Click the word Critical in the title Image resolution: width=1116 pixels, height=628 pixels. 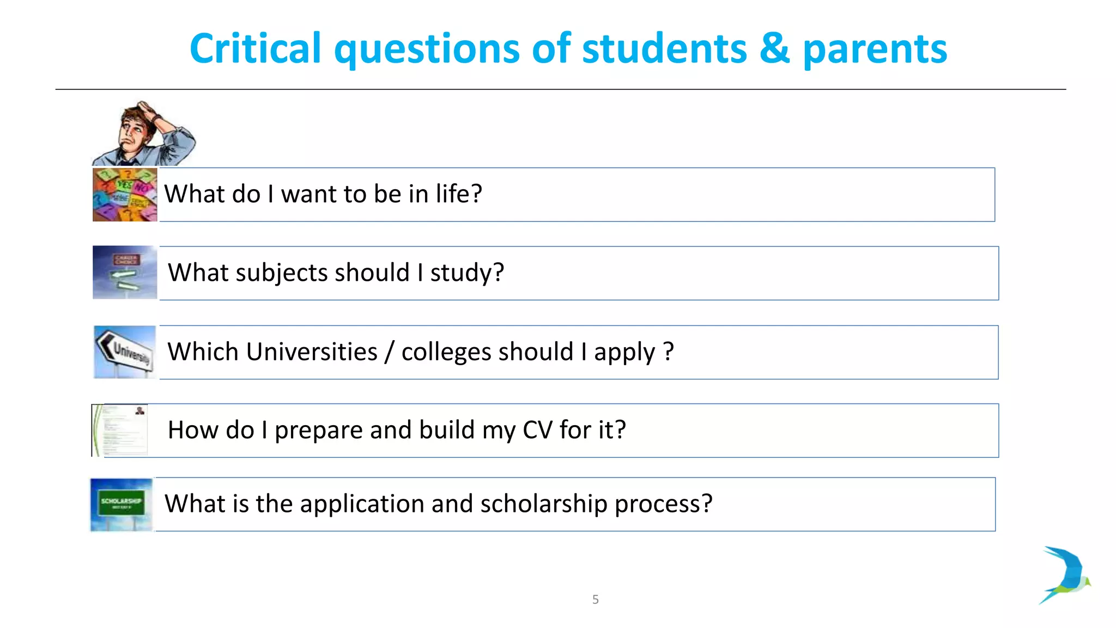[255, 49]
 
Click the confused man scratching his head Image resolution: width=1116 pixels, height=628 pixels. [143, 134]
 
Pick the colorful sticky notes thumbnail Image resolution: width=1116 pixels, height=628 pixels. [125, 195]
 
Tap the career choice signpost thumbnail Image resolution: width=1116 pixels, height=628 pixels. [125, 273]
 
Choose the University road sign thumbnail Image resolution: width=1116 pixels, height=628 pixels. [125, 352]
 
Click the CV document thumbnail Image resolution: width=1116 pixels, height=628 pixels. [120, 430]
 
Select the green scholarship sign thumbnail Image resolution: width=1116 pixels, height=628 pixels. [122, 504]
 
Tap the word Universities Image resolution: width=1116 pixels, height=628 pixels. [311, 352]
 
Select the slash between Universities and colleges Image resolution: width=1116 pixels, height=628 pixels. [389, 352]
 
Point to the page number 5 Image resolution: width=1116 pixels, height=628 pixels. [595, 600]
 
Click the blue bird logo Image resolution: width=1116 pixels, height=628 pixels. [1066, 575]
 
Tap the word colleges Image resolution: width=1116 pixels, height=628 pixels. [446, 352]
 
